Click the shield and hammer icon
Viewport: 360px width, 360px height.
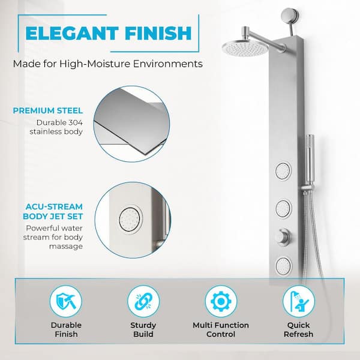point(66,301)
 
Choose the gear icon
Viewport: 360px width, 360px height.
point(220,301)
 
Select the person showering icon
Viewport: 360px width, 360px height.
point(298,301)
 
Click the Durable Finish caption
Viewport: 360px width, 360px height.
point(66,329)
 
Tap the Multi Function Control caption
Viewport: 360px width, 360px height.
point(220,329)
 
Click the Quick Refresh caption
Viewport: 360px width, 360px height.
point(298,329)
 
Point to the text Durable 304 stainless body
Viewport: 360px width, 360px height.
point(59,128)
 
